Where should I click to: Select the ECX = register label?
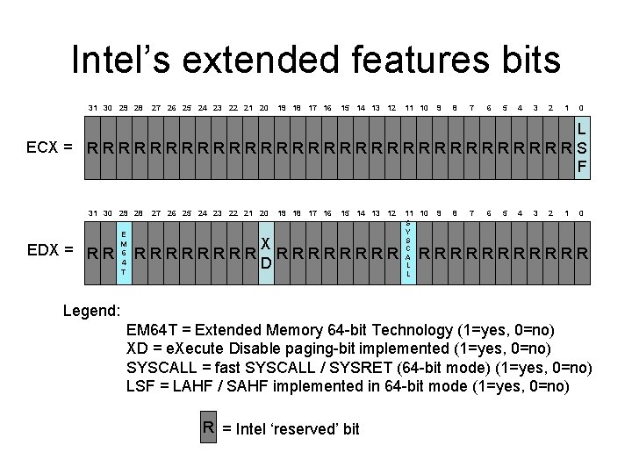[x=49, y=146]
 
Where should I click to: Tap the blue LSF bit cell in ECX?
[x=582, y=146]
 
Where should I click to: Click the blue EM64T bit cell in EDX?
[x=124, y=253]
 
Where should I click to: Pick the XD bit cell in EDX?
[x=266, y=253]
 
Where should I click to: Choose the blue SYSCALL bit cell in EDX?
[x=408, y=250]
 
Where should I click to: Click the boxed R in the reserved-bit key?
[x=209, y=428]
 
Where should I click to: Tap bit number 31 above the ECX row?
[x=92, y=108]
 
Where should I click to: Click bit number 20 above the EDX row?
[x=264, y=213]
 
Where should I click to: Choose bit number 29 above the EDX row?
[x=124, y=213]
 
